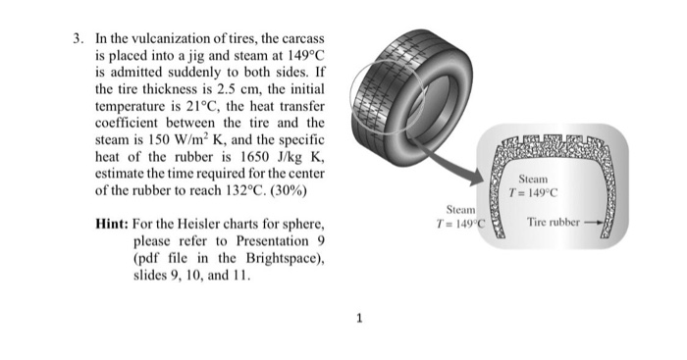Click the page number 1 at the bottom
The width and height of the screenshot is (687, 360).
click(360, 317)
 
